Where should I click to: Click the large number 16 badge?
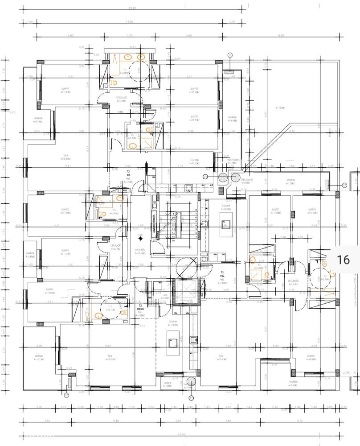point(344,260)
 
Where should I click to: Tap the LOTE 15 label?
point(350,372)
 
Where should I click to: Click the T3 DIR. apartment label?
point(128,173)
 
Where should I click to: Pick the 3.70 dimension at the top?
point(130,35)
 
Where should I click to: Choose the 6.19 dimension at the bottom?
point(103,421)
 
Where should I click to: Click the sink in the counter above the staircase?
point(188,188)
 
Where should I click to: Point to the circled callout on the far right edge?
point(344,185)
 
